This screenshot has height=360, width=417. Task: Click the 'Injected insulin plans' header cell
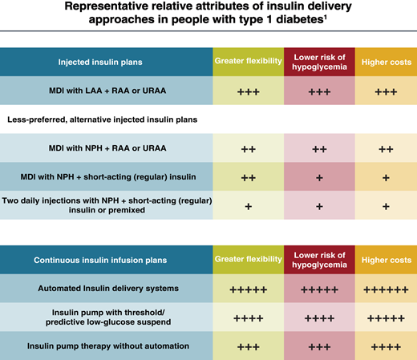point(106,62)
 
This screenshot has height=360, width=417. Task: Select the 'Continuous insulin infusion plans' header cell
point(106,260)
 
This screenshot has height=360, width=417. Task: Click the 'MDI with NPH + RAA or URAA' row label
point(106,148)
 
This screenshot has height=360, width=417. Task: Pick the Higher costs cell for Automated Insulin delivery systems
point(386,289)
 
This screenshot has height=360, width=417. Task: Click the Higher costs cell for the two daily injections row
point(386,206)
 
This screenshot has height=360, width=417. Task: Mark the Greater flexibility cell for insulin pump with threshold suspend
point(249,318)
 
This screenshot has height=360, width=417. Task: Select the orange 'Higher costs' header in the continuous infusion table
point(386,260)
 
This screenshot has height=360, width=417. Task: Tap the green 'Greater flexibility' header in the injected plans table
point(249,62)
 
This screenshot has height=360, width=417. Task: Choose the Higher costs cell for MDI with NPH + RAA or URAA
point(386,149)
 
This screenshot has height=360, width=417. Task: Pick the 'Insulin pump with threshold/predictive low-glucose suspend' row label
point(106,317)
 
